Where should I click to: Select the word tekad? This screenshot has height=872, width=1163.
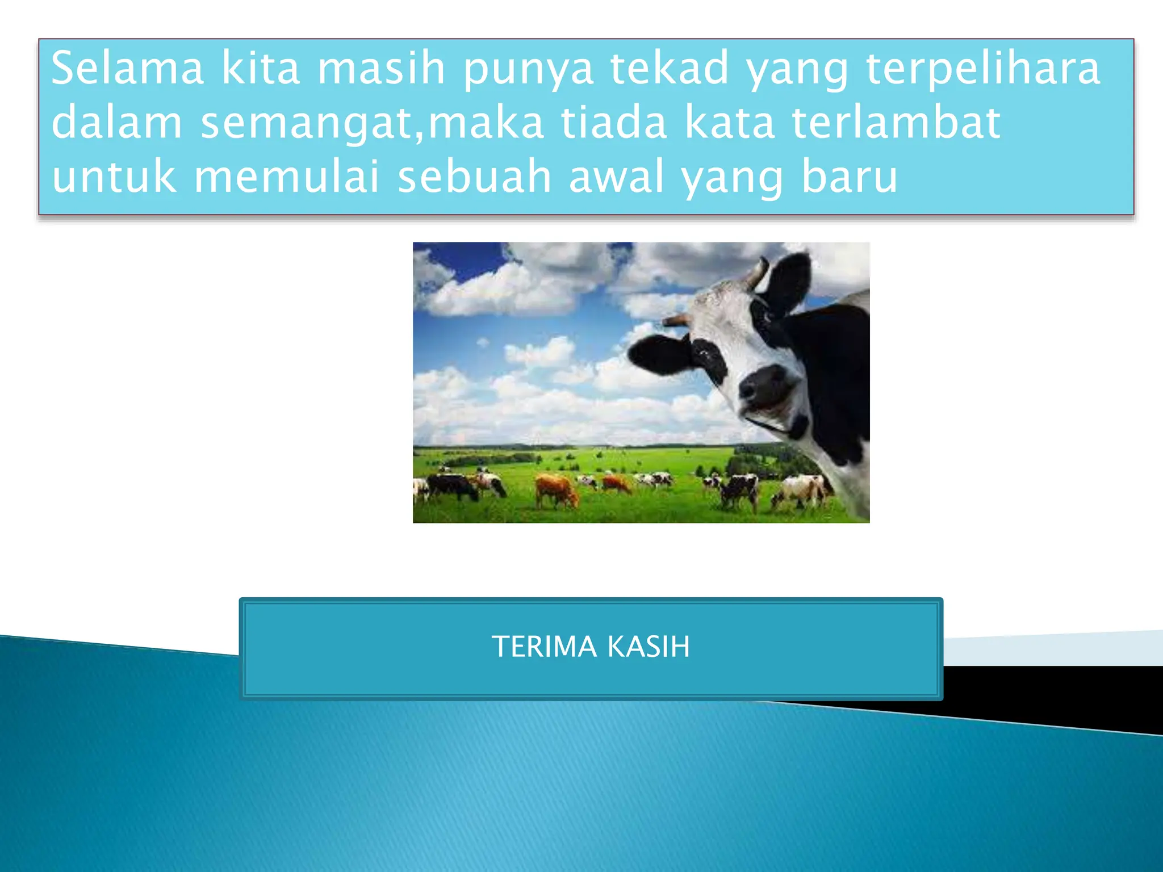(670, 68)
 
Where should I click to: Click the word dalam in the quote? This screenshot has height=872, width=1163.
(117, 122)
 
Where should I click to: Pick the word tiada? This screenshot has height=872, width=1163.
(614, 122)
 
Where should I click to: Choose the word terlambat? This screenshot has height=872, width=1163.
(896, 122)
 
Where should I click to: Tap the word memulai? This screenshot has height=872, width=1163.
(286, 176)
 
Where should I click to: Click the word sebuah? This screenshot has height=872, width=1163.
(474, 176)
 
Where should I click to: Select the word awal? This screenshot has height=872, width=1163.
(616, 176)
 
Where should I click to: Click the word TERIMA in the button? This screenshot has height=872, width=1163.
(543, 647)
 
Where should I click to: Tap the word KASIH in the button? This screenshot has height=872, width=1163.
(649, 647)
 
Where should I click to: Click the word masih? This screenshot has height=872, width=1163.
(381, 68)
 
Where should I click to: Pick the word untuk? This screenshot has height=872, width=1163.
(114, 176)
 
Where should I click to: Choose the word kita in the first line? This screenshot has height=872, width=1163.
(260, 68)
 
